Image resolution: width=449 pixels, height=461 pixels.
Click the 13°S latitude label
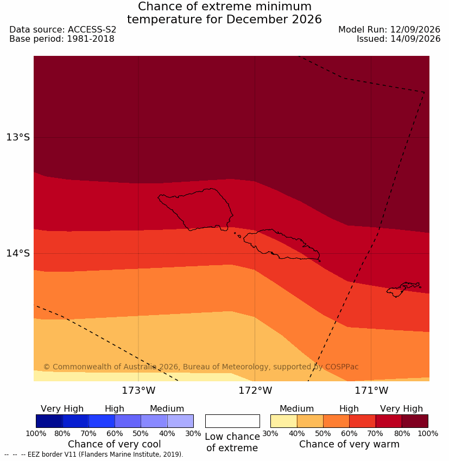tap(18, 137)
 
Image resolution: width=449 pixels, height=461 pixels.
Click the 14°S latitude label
tap(18, 253)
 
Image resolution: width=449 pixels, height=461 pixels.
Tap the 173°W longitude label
tap(138, 390)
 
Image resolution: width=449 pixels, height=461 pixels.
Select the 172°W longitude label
tap(255, 390)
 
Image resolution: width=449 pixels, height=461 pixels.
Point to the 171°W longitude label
tap(371, 390)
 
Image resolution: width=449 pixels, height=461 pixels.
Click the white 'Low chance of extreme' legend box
tap(232, 421)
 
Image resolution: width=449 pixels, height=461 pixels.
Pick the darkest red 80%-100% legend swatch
tap(415, 421)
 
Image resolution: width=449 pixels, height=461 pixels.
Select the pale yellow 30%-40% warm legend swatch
tap(283, 421)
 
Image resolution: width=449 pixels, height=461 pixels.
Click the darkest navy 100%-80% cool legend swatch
tap(49, 421)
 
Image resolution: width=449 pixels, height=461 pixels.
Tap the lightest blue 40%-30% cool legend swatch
tap(180, 421)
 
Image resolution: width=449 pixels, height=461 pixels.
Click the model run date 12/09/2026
tap(415, 30)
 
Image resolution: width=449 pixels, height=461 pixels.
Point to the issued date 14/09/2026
tap(415, 39)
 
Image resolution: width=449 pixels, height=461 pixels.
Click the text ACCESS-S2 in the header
tap(92, 30)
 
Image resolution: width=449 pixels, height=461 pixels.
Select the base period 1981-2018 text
tap(91, 39)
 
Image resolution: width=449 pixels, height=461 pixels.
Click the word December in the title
tap(257, 20)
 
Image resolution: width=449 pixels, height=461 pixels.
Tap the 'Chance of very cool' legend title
tap(114, 444)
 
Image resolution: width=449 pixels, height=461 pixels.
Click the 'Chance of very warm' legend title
tap(349, 444)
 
